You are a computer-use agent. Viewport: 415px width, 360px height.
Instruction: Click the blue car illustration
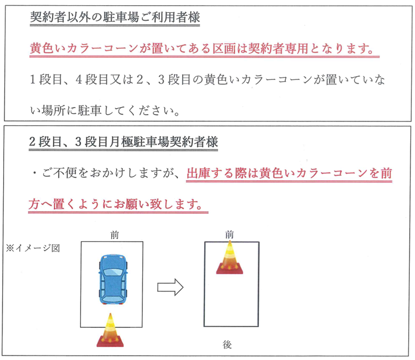tap(113, 279)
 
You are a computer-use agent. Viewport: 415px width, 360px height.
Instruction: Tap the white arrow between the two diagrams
tap(171, 286)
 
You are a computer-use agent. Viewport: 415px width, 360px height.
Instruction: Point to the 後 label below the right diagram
tap(227, 344)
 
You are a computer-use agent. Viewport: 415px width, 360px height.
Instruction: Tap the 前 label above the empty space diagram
tap(230, 235)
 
